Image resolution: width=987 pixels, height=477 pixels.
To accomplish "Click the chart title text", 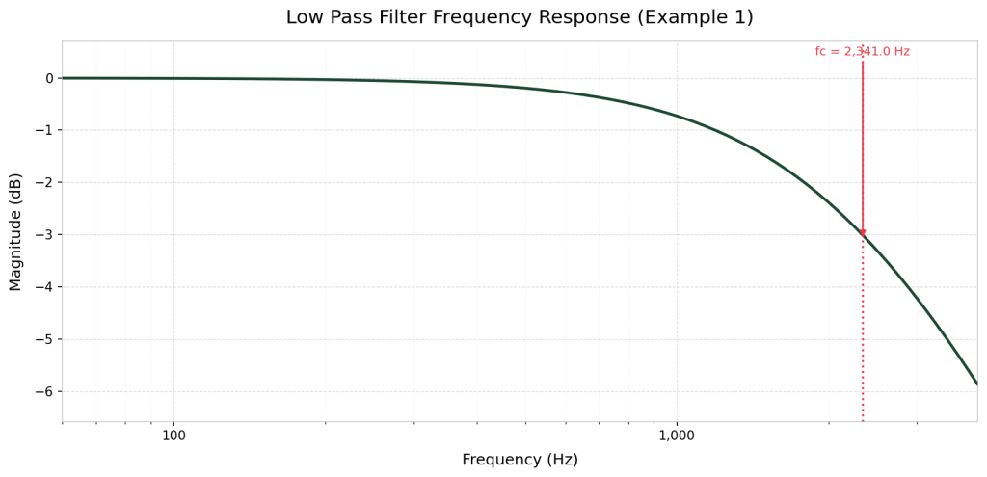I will [520, 17].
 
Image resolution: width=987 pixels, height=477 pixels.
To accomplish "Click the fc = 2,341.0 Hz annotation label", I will [862, 52].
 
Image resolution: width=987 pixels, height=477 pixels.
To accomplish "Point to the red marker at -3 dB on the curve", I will [863, 234].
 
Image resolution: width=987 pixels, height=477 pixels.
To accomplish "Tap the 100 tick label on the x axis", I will [173, 435].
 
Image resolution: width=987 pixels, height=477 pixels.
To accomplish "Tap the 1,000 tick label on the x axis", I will [676, 435].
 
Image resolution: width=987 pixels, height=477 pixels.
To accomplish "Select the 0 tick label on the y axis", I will [49, 78].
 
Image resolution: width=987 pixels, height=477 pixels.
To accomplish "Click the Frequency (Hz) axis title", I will [520, 460].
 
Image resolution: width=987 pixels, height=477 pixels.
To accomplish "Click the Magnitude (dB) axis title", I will [15, 231].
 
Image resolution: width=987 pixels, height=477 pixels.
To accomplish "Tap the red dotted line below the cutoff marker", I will [863, 328].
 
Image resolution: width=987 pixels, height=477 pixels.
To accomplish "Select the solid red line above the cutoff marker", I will [863, 145].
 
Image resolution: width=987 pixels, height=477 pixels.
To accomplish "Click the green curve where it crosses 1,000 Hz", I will [677, 117].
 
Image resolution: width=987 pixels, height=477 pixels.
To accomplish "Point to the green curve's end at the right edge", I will [975, 382].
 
